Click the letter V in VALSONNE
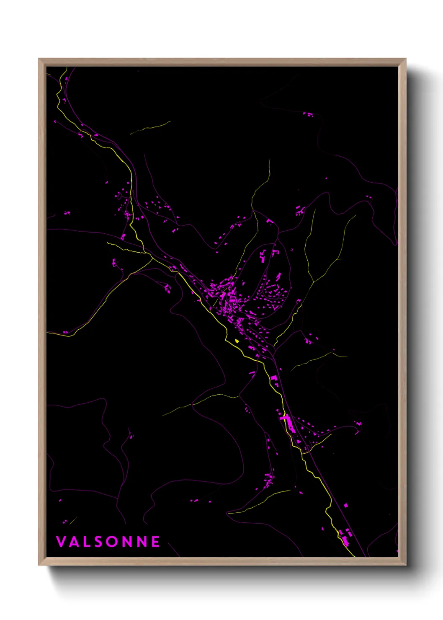point(61,542)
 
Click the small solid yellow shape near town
point(237,341)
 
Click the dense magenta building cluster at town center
point(228,300)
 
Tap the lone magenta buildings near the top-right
point(308,114)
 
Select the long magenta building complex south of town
point(288,423)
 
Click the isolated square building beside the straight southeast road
point(346,505)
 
